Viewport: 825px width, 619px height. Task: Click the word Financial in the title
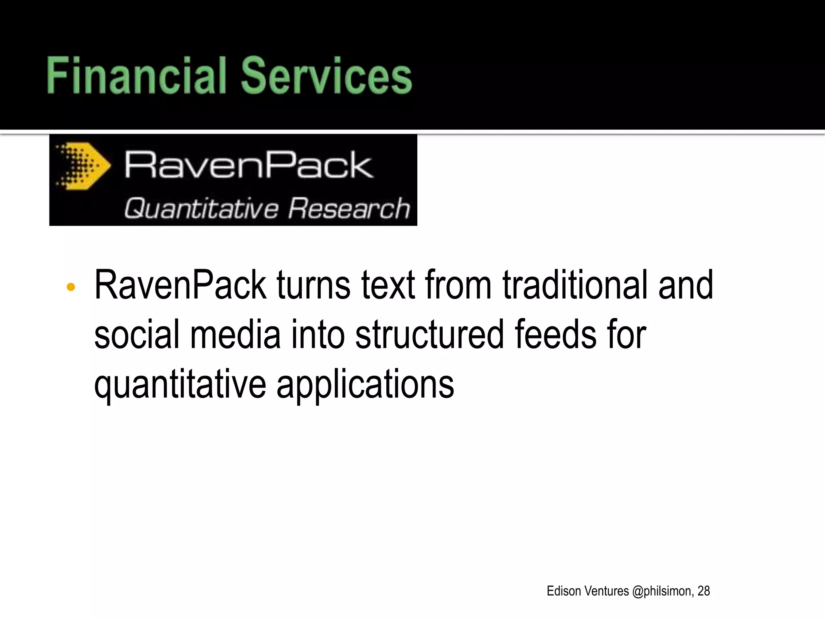[x=136, y=75]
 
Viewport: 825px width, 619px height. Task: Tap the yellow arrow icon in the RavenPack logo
[x=84, y=166]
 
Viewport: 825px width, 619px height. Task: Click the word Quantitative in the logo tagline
[x=201, y=209]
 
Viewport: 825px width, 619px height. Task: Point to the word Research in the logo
[x=349, y=209]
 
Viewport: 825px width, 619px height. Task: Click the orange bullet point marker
[x=71, y=287]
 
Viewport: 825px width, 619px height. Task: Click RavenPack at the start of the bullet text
[x=180, y=285]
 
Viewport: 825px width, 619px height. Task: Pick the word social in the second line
[x=137, y=334]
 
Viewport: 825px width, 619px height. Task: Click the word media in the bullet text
[x=235, y=334]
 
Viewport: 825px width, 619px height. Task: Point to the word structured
[x=429, y=334]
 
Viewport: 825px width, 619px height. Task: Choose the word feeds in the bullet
[x=555, y=334]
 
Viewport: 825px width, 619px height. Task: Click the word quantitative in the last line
[x=180, y=385]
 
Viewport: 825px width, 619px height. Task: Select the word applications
[x=365, y=385]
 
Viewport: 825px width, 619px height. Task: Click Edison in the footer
[x=564, y=591]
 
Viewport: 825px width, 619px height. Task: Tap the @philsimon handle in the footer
[x=662, y=591]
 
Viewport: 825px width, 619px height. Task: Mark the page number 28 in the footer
[x=703, y=591]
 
